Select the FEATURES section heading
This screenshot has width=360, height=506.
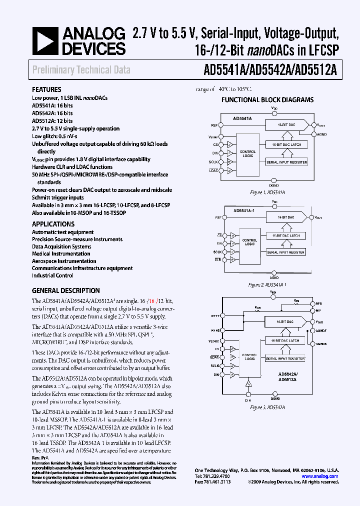click(46, 89)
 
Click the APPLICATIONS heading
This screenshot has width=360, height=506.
click(53, 224)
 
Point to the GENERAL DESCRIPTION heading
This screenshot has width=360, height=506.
click(65, 290)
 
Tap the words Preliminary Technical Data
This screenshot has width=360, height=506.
click(81, 70)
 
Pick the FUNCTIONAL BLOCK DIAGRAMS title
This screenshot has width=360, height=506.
click(267, 99)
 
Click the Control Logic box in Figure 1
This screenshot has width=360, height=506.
click(247, 153)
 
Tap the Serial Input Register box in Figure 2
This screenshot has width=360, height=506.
click(285, 252)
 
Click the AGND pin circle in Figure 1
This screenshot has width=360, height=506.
click(314, 134)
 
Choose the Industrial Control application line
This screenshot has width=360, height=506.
click(52, 275)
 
